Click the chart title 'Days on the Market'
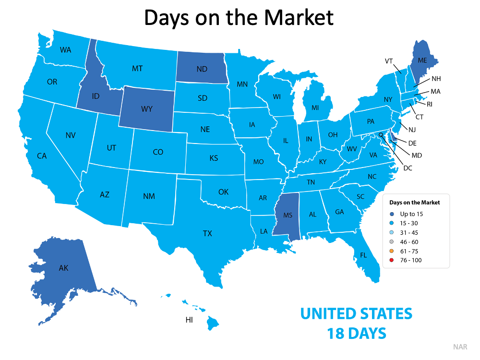[239, 18]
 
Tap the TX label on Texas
[207, 233]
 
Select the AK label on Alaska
[63, 268]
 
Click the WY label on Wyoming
[147, 109]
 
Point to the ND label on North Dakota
[202, 69]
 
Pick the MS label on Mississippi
[288, 215]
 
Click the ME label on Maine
[422, 60]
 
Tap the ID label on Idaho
[96, 96]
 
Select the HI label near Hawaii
[189, 320]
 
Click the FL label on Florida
[363, 255]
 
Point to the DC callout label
[408, 168]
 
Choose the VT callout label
[389, 61]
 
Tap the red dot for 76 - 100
[392, 260]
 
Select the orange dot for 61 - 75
[392, 251]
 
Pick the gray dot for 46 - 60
[392, 242]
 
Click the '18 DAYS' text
[356, 333]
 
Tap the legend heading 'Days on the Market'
[414, 203]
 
